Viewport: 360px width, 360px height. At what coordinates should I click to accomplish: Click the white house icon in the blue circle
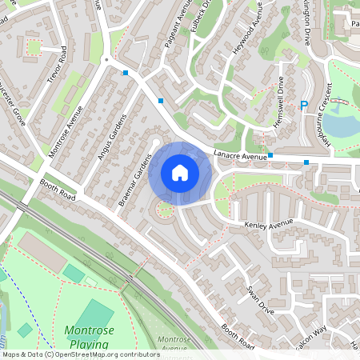click(180, 173)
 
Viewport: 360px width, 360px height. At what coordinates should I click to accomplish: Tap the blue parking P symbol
click(304, 106)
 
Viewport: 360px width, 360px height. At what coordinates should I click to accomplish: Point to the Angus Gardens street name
click(113, 137)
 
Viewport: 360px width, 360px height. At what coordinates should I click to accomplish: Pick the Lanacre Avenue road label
click(239, 156)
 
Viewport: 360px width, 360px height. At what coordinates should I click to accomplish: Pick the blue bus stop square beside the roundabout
click(125, 73)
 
